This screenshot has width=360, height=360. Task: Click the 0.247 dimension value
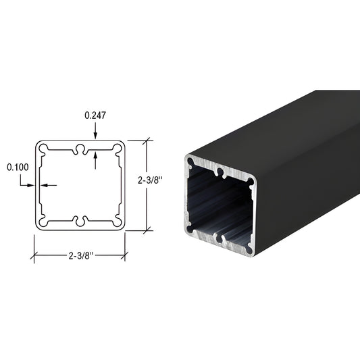pos(95,115)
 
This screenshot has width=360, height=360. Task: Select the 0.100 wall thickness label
pos(18,166)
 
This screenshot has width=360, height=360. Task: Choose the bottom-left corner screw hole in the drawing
pos(43,222)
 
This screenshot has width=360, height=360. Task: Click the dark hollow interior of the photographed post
pos(220,203)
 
